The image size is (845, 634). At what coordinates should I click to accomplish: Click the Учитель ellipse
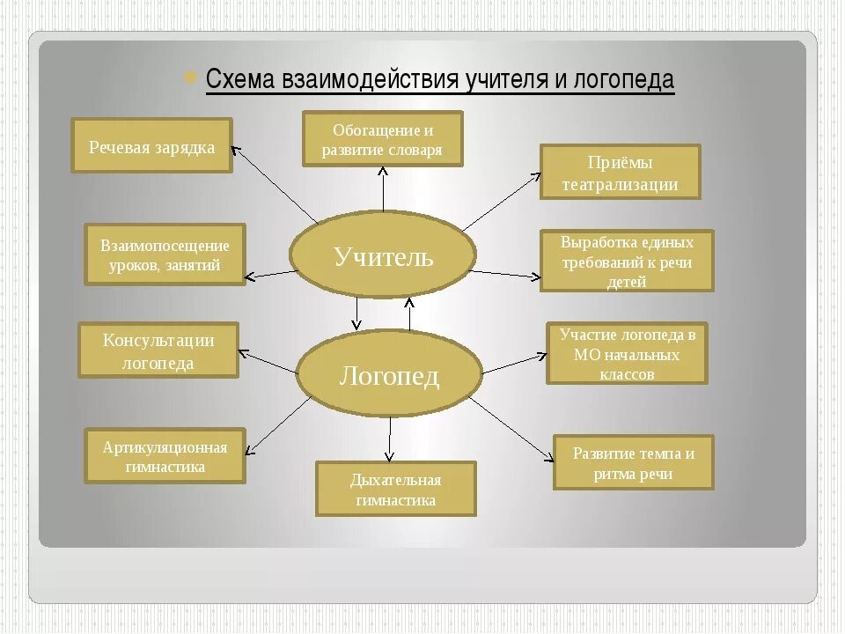tap(383, 256)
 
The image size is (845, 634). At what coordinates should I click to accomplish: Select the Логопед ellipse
tap(389, 376)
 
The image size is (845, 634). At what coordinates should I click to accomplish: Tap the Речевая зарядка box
tap(151, 146)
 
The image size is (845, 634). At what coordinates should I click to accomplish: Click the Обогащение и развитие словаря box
tap(382, 139)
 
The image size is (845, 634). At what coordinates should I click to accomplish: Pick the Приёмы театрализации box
tap(620, 173)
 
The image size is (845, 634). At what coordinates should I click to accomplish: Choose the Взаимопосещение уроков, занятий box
tap(165, 254)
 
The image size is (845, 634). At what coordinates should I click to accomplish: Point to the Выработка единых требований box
tap(627, 261)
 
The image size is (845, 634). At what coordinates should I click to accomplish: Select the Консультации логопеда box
tap(158, 350)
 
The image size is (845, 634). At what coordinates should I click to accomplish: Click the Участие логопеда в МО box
tap(627, 353)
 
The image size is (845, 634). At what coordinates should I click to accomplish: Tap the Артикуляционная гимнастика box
tap(165, 456)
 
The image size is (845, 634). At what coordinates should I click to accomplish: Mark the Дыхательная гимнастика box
tap(395, 490)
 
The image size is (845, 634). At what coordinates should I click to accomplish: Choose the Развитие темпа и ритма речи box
tap(633, 462)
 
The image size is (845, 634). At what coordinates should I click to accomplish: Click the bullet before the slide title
tap(189, 77)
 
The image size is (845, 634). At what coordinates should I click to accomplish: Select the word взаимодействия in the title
tap(369, 80)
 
